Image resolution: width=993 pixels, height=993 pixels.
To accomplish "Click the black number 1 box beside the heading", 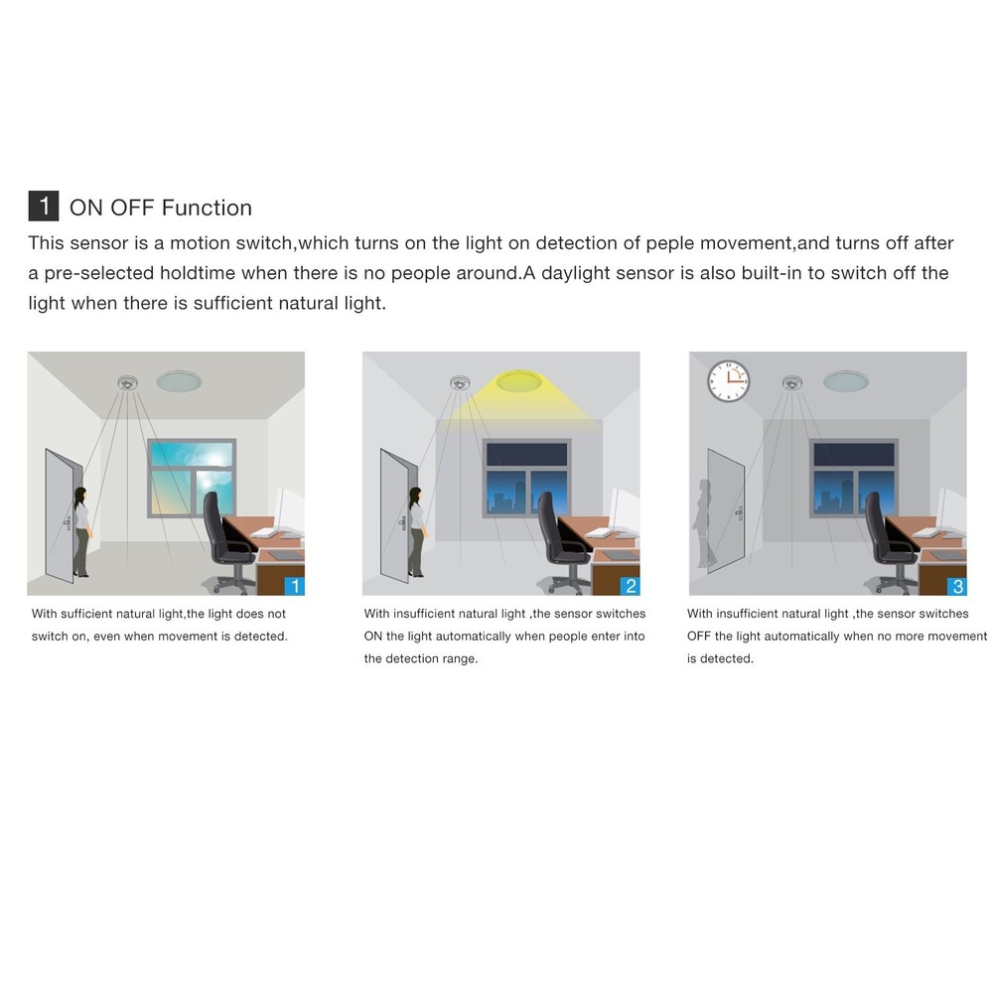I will tap(44, 207).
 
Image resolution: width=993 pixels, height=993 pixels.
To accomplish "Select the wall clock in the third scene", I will tap(728, 381).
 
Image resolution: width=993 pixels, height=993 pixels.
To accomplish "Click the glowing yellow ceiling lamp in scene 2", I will tap(517, 380).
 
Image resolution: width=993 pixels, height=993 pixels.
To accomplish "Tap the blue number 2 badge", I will tap(630, 586).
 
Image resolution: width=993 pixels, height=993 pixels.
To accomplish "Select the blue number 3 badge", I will tap(956, 586).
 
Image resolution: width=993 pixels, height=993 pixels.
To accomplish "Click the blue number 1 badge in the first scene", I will tap(294, 586).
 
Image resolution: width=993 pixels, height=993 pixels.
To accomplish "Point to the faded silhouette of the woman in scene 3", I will tap(707, 523).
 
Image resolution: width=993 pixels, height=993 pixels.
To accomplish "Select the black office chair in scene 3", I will tap(887, 541).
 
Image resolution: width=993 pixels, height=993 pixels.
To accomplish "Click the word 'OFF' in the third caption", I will tap(699, 637).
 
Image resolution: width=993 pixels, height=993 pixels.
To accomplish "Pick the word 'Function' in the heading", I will tap(207, 208).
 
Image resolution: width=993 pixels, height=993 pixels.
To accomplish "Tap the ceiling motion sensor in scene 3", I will tap(791, 381).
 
